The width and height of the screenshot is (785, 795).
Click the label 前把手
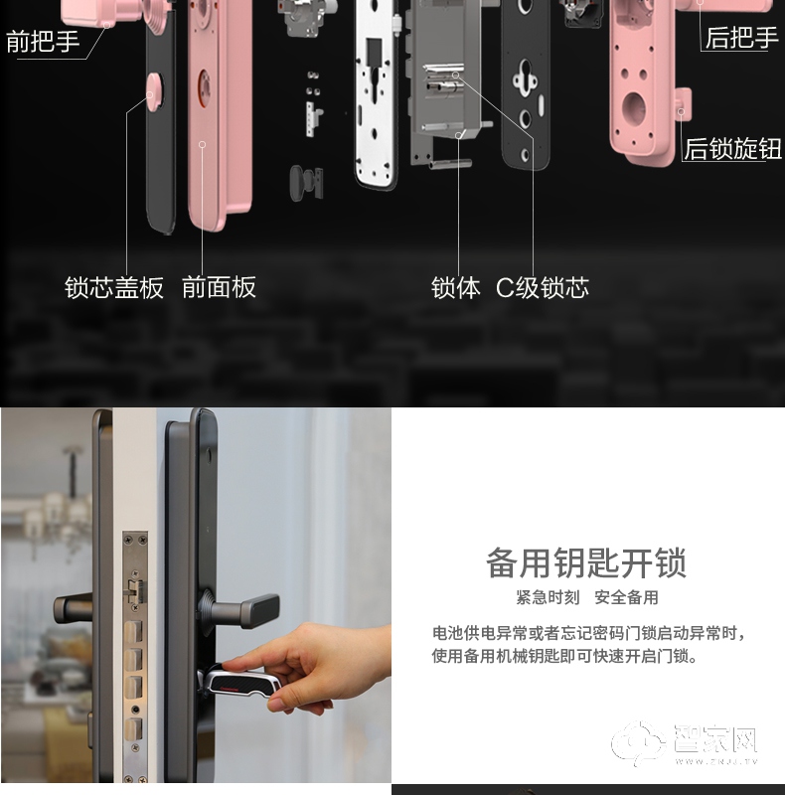43,41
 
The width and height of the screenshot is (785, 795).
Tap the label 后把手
741,38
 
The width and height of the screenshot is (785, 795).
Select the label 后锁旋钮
732,148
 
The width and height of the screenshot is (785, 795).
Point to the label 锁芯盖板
114,287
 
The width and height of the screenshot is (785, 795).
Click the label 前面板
219,287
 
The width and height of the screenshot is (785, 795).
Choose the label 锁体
455,288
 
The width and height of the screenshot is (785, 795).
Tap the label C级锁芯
543,288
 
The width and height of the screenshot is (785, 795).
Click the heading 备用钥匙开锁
586,562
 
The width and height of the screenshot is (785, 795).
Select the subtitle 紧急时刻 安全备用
587,597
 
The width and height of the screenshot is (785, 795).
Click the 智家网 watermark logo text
715,738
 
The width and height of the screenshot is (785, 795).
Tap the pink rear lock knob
683,104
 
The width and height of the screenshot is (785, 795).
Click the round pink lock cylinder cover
155,91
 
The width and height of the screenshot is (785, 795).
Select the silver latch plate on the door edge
135,655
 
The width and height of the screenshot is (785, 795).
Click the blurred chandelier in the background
57,507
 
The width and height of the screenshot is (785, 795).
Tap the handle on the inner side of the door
74,608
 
